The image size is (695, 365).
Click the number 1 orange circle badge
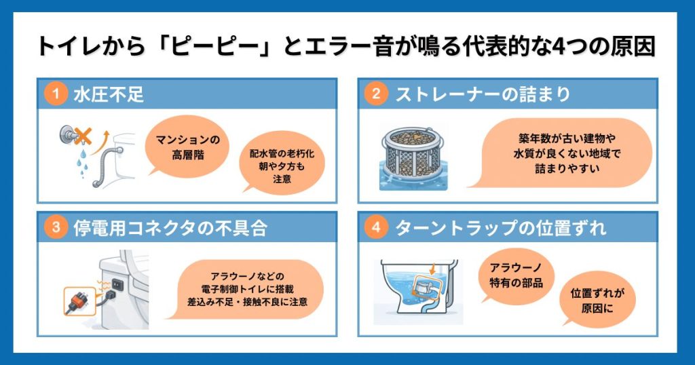56,94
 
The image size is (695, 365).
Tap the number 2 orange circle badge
375,94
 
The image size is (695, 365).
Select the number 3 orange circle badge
56,228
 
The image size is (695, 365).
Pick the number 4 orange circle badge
375,228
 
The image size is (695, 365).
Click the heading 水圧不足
109,94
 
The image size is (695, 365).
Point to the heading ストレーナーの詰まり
483,94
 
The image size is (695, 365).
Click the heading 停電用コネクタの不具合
170,228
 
